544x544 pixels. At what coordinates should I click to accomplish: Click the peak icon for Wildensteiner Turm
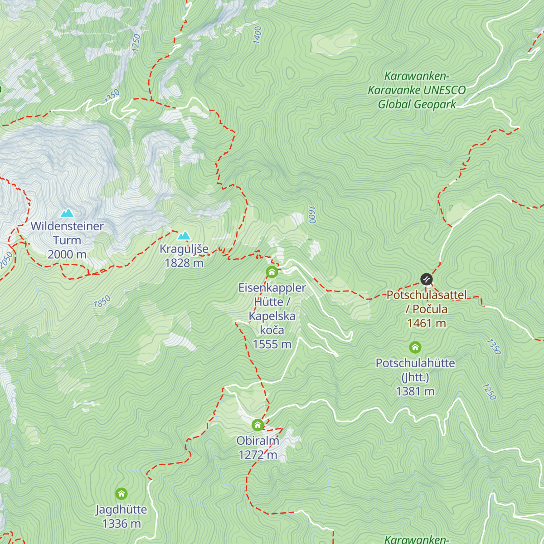[67, 213]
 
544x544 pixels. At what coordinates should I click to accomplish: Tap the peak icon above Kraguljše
[184, 235]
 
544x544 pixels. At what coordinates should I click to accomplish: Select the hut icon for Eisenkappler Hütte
[272, 272]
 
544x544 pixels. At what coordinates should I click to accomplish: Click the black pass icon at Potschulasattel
[426, 279]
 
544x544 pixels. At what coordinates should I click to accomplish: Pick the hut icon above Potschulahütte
[415, 348]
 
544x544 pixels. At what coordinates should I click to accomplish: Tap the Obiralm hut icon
[257, 425]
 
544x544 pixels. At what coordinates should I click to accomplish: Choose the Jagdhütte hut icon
[121, 494]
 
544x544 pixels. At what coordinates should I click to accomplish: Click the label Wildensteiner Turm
[67, 233]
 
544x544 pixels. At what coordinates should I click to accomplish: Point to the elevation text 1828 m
[184, 263]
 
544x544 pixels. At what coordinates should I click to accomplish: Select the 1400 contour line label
[257, 35]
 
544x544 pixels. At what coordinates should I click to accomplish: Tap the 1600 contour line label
[311, 214]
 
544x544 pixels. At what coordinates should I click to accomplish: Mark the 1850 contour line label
[102, 302]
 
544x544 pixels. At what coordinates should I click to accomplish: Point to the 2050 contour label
[6, 260]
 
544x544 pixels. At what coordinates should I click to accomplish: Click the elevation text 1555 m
[272, 345]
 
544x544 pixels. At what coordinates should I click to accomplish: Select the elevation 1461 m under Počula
[427, 324]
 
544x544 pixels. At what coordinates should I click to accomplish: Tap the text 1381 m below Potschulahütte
[415, 392]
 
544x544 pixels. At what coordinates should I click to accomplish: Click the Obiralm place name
[257, 441]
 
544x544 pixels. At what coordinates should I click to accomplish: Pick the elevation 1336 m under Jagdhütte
[121, 524]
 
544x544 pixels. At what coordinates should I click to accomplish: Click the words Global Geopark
[417, 105]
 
